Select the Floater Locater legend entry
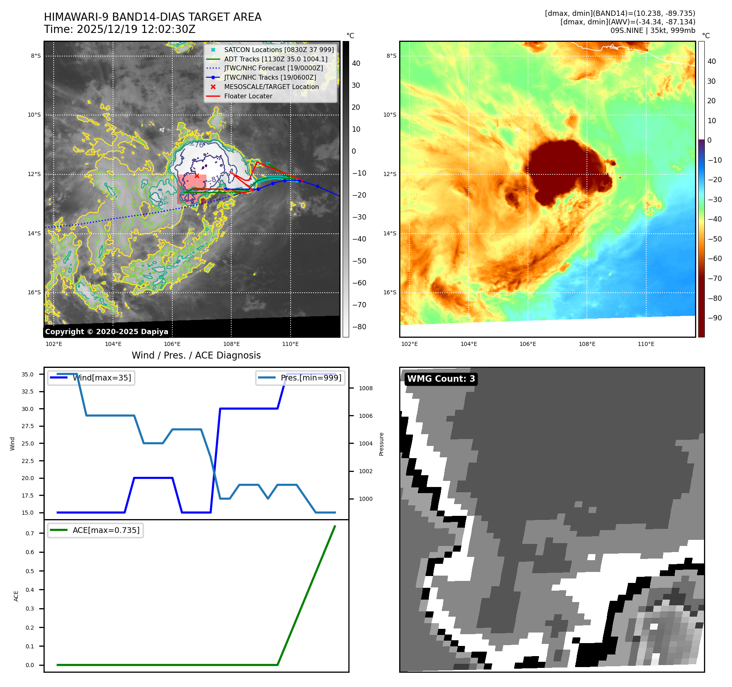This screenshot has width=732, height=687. tap(248, 96)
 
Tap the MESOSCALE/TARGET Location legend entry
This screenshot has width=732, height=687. tap(271, 87)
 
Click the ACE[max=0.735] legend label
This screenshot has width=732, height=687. tap(106, 530)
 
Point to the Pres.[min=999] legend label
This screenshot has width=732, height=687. tap(311, 378)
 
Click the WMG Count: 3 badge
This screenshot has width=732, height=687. tap(441, 379)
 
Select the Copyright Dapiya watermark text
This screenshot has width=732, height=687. tap(106, 332)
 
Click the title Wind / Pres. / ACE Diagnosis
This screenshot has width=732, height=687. tap(196, 355)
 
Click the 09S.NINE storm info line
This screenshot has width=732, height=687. tap(652, 30)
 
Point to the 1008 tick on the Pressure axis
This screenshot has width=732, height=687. tap(365, 388)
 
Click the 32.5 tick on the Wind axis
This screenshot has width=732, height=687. tap(28, 391)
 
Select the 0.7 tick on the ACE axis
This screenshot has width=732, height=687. tap(30, 533)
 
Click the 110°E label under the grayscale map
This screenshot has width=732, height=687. tap(290, 344)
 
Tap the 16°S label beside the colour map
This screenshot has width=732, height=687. tap(390, 292)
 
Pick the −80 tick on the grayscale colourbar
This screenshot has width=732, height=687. tap(359, 327)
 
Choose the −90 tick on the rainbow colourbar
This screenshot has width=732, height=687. tap(715, 318)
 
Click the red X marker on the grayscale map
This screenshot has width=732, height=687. tap(197, 176)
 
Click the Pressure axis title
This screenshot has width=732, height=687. tap(381, 444)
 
